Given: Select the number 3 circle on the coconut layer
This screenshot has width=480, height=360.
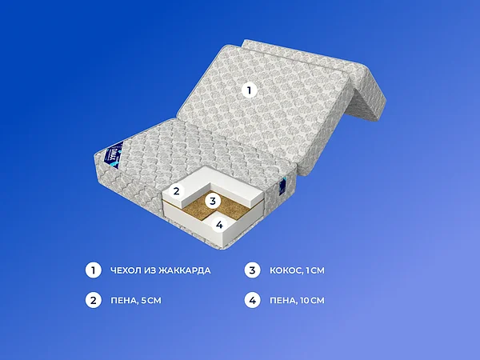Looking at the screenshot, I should [212, 201].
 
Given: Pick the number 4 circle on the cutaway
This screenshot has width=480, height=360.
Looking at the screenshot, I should [218, 225].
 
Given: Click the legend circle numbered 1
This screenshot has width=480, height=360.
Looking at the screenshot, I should [93, 270].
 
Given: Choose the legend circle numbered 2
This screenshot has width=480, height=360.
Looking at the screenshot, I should [93, 301].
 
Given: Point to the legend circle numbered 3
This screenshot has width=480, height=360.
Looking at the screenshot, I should [252, 270].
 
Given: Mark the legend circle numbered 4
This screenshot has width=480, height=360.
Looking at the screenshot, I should [252, 301].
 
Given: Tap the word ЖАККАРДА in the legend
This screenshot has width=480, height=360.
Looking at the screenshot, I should [186, 270].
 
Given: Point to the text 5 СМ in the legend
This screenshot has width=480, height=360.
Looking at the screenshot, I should [152, 301].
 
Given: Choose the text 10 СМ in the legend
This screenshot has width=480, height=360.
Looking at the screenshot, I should [314, 301].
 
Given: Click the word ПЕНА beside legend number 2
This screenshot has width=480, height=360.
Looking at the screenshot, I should [124, 301].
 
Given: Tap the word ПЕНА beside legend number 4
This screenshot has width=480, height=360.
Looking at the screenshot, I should [283, 301].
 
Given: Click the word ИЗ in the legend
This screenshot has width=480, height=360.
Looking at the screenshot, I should [153, 270].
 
